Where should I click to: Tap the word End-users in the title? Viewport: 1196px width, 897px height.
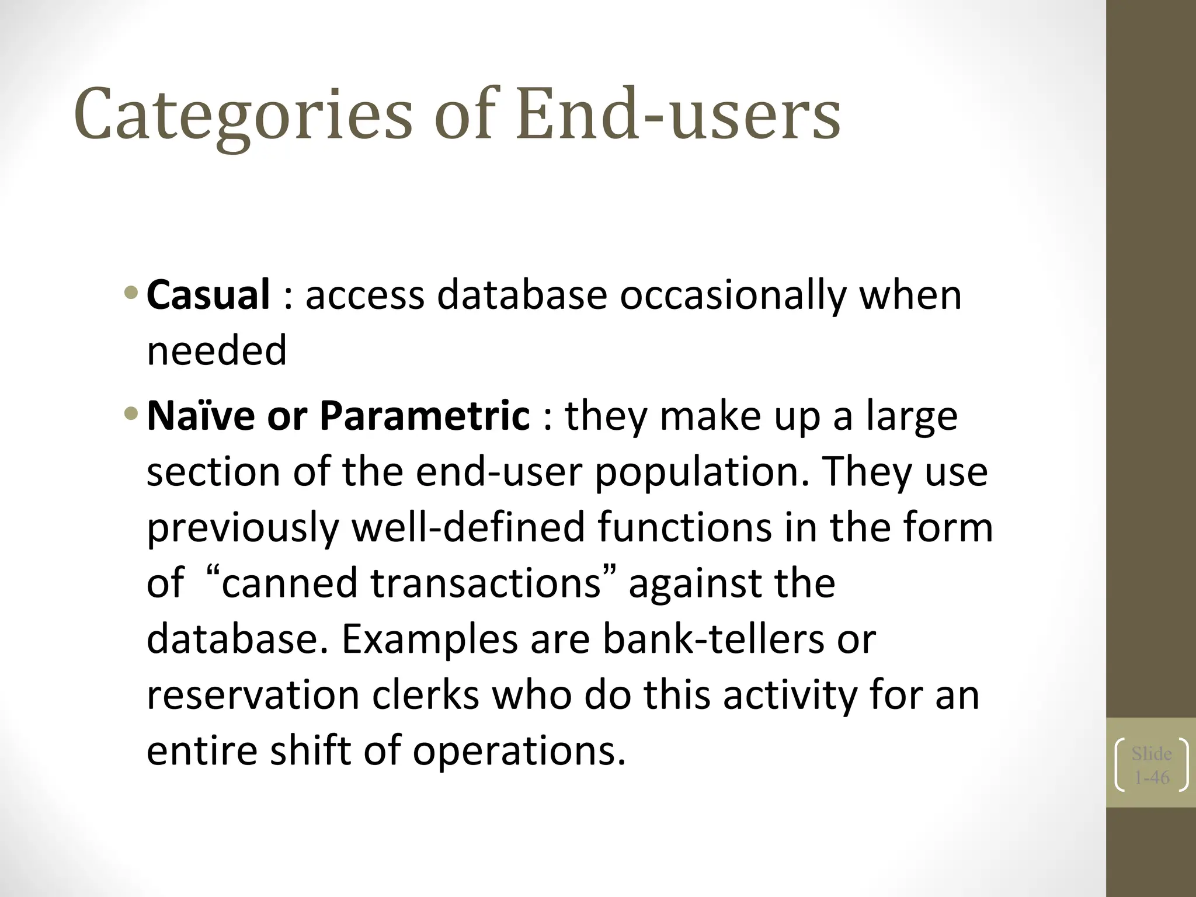click(677, 114)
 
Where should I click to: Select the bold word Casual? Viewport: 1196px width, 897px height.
click(208, 294)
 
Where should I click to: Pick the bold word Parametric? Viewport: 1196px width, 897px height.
click(425, 416)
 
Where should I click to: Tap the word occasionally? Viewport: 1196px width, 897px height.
click(733, 295)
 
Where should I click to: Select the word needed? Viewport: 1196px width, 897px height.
click(216, 351)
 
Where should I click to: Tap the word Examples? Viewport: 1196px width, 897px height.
click(430, 639)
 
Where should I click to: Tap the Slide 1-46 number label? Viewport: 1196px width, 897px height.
click(1151, 765)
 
